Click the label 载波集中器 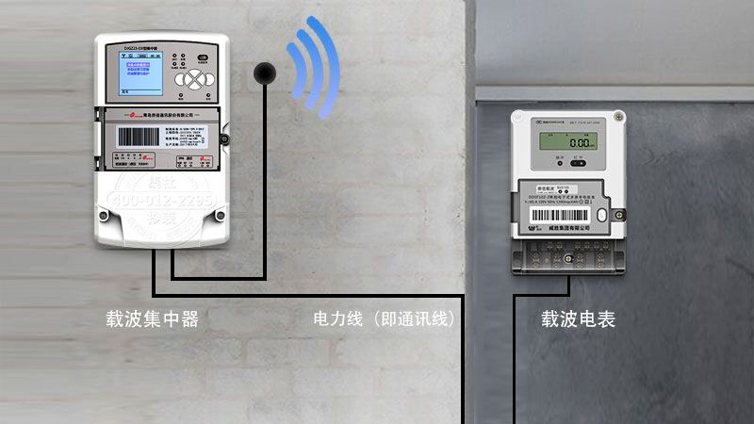(153, 319)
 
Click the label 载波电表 (578, 319)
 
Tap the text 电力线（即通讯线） (385, 319)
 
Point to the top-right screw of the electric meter (618, 116)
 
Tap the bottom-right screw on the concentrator (220, 215)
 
